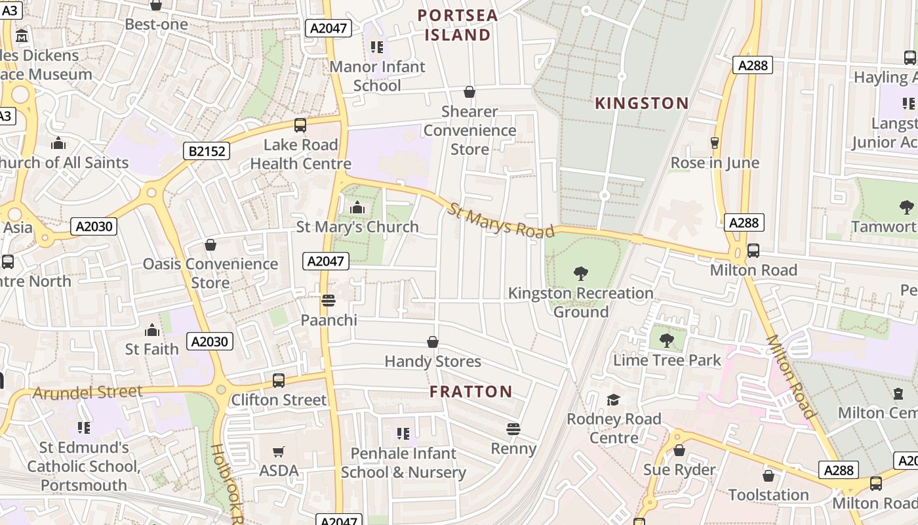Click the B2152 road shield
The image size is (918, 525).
click(x=207, y=152)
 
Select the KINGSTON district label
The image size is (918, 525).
click(x=641, y=103)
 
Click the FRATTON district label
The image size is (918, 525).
click(x=471, y=392)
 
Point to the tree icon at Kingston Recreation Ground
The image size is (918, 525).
click(x=580, y=273)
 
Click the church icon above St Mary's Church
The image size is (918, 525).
click(x=357, y=208)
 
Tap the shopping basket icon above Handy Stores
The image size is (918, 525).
click(x=433, y=342)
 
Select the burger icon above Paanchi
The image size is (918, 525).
click(x=329, y=301)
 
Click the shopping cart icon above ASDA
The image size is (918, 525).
click(x=279, y=451)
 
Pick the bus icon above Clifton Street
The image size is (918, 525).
click(x=279, y=381)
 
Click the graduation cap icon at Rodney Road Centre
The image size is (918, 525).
click(x=613, y=400)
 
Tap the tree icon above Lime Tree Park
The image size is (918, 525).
click(x=667, y=341)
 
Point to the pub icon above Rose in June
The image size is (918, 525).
click(x=715, y=143)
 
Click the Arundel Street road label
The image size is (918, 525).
click(x=87, y=392)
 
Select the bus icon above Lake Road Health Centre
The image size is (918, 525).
click(x=300, y=125)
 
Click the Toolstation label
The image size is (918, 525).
click(x=768, y=495)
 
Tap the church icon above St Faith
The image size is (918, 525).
click(x=152, y=329)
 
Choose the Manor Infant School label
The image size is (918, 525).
click(x=377, y=76)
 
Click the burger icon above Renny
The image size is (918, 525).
click(x=513, y=429)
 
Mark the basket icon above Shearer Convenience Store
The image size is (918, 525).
click(x=469, y=92)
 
